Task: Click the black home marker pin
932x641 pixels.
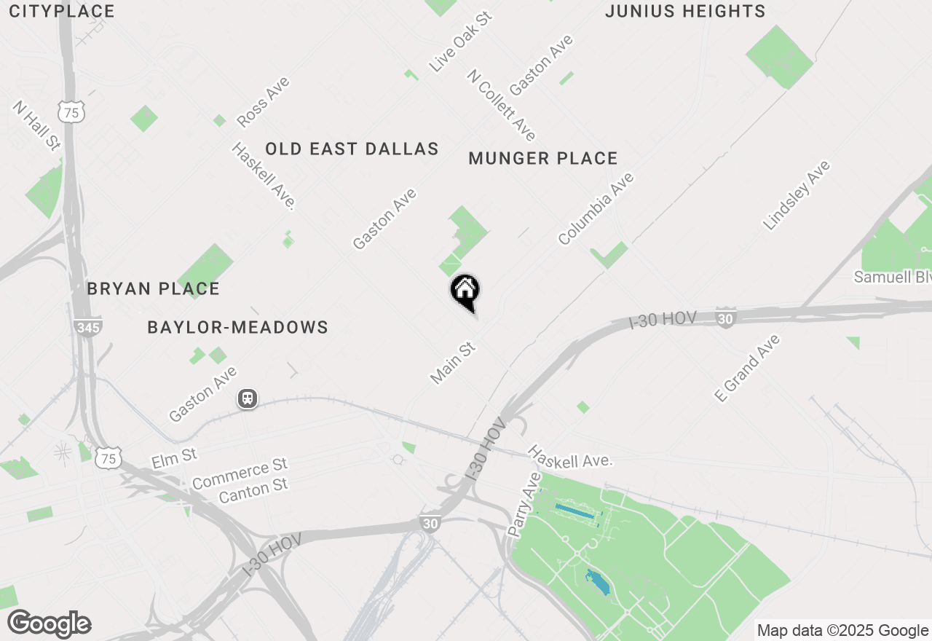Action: pos(465,291)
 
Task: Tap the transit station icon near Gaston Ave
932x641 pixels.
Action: pos(248,399)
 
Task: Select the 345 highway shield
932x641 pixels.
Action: pos(88,327)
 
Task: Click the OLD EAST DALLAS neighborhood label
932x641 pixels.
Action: pos(352,149)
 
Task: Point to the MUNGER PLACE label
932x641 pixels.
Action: pos(543,158)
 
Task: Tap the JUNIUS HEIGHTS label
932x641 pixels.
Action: pos(685,12)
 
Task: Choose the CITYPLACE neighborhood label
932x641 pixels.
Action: pos(62,12)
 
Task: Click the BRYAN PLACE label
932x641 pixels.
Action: pos(153,288)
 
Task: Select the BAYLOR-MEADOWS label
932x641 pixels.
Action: pos(237,328)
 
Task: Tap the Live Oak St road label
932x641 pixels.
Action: pos(460,42)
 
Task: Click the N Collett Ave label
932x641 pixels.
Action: pos(502,105)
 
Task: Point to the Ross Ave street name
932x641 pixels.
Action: pos(263,102)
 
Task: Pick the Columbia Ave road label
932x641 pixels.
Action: pos(596,208)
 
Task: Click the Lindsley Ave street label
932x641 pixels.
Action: pos(796,195)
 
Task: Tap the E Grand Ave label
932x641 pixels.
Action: pos(747,368)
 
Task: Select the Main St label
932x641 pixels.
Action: pos(453,363)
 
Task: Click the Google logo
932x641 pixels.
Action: pos(50,624)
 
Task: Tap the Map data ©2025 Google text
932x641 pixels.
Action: pos(842,631)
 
